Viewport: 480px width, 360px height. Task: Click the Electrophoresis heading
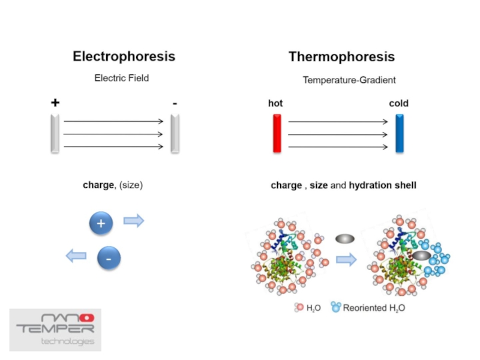tap(124, 56)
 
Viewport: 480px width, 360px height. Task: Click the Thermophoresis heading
tap(341, 57)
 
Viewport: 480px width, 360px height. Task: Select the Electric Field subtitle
tap(122, 78)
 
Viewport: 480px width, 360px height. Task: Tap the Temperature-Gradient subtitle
tap(349, 80)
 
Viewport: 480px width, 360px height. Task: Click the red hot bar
tap(277, 133)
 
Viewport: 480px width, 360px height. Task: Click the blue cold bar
tap(400, 133)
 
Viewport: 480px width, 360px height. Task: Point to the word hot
tap(275, 103)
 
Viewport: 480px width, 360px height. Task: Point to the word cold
tap(398, 103)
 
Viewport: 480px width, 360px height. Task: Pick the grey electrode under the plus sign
tap(55, 133)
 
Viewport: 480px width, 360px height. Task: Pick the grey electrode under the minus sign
tap(175, 133)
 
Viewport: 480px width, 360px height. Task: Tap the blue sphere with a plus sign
tap(101, 224)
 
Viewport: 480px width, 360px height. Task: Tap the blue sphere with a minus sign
tap(109, 259)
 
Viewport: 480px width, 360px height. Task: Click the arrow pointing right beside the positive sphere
tap(134, 221)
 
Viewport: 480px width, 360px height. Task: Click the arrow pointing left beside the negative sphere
tap(76, 256)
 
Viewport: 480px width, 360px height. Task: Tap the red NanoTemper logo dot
tap(87, 317)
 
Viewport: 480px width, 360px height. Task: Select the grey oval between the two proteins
tap(345, 239)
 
